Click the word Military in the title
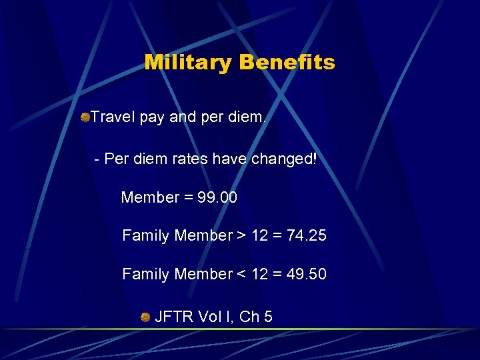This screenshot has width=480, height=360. pyautogui.click(x=188, y=63)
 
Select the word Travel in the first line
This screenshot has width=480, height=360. pyautogui.click(x=113, y=118)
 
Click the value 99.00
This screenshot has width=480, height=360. pyautogui.click(x=215, y=198)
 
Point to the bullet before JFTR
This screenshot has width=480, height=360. pyautogui.click(x=145, y=317)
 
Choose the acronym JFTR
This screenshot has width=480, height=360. pyautogui.click(x=175, y=317)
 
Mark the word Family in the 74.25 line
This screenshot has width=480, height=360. pyautogui.click(x=145, y=235)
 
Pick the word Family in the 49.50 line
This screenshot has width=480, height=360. pyautogui.click(x=145, y=274)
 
